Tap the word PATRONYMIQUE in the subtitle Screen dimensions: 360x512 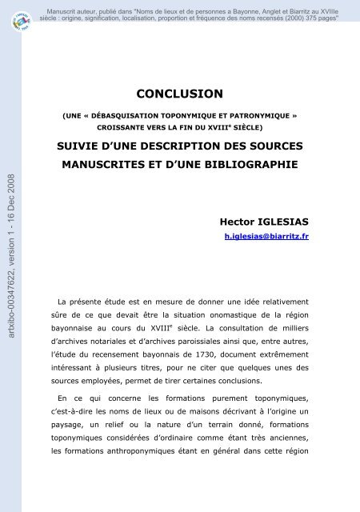coord(249,116)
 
